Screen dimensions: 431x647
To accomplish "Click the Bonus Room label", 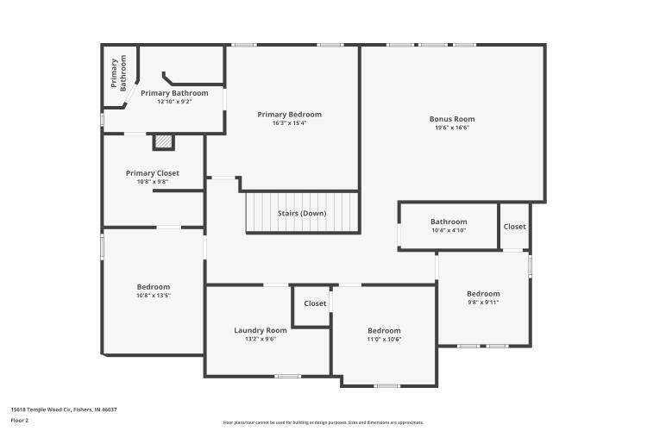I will [x=452, y=119].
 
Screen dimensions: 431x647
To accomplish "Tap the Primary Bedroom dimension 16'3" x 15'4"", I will [x=289, y=123].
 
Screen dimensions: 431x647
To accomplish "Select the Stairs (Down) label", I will [x=302, y=213].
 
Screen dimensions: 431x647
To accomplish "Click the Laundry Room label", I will [x=260, y=330].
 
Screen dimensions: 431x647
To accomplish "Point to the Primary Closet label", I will [x=153, y=172].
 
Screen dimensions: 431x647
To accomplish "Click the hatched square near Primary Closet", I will [x=163, y=141].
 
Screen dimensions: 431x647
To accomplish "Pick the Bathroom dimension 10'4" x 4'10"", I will [x=449, y=230].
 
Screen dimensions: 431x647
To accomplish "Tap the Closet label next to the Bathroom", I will [x=514, y=227].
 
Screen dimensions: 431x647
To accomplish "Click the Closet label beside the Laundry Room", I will [x=315, y=303].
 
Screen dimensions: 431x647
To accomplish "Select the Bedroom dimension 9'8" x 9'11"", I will [x=483, y=302].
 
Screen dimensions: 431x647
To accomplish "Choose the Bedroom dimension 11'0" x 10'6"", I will [x=384, y=339].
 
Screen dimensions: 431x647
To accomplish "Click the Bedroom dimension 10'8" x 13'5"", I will [x=154, y=295].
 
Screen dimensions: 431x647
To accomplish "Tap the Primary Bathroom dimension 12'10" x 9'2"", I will [x=174, y=102].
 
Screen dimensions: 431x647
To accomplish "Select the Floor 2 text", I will [x=20, y=420].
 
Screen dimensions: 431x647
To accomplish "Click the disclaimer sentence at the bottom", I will [x=323, y=422].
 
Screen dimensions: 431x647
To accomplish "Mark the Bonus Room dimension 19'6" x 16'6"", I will [x=452, y=128].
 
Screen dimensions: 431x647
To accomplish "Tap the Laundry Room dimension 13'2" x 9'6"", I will [x=260, y=339].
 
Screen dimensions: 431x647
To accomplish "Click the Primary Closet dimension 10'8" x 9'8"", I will [x=153, y=181].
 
